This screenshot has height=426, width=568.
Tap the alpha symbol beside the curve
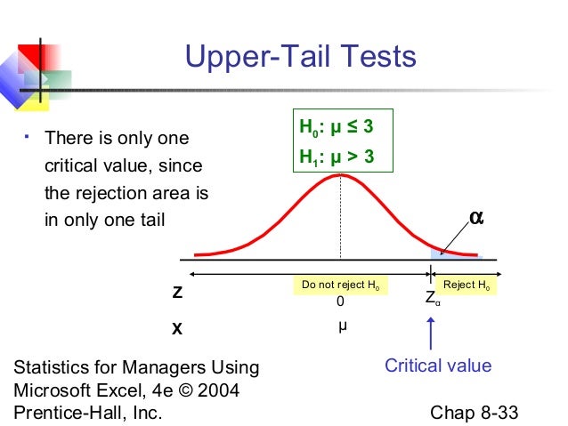(476, 217)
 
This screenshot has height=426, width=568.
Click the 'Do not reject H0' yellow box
(340, 285)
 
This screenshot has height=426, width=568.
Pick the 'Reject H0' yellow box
(467, 285)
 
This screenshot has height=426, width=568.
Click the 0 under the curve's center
(340, 302)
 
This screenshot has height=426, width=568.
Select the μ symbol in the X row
(342, 326)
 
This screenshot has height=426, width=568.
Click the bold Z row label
(177, 293)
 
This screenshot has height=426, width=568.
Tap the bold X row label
(177, 328)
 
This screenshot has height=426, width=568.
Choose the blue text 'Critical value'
(437, 366)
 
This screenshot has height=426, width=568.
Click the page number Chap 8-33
(474, 414)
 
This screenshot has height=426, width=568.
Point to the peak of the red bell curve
(340, 175)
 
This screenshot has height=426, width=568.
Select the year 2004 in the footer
(221, 390)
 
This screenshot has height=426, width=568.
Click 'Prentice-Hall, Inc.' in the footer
(88, 413)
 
